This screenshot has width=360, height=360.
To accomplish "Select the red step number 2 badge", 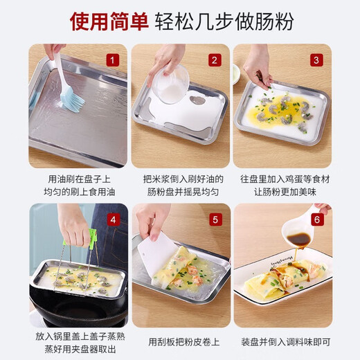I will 215,60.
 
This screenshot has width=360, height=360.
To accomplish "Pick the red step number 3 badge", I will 316,60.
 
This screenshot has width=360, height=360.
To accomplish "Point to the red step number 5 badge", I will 215,219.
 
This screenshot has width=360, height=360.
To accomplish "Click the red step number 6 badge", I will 316,219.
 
